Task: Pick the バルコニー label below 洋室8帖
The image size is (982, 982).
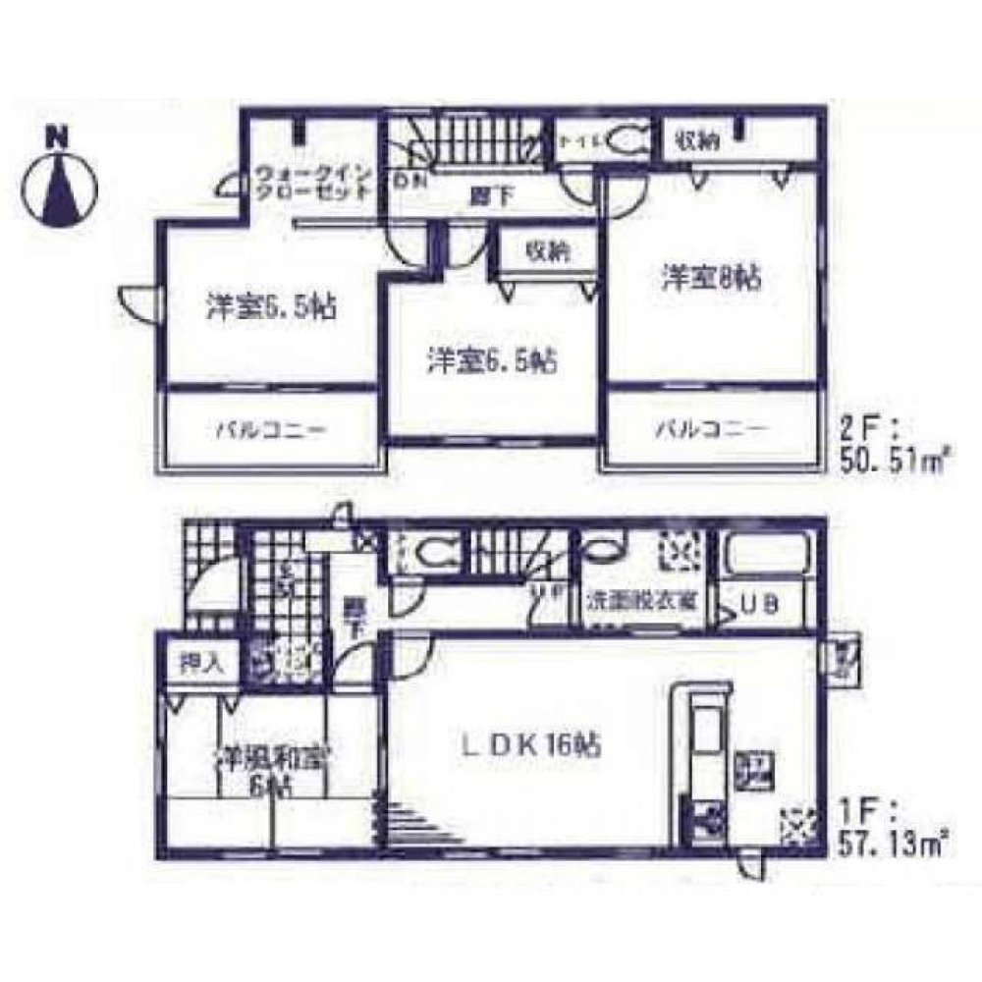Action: click(711, 429)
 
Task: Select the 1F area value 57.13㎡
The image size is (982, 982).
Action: click(895, 840)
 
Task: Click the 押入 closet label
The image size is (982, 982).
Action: click(201, 661)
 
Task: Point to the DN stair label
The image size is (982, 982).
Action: click(404, 181)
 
